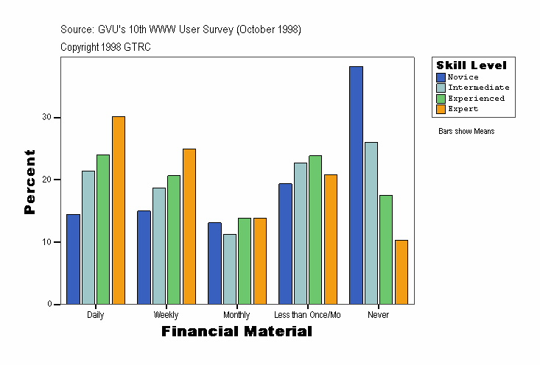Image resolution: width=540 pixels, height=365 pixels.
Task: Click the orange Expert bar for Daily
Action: (x=118, y=210)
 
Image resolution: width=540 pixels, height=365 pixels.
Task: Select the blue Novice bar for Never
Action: (x=356, y=185)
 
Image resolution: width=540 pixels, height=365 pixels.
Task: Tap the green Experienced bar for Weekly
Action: (x=174, y=239)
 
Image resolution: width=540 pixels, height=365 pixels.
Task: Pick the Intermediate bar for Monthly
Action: (x=230, y=269)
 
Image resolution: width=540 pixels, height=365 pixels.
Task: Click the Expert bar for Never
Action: (x=401, y=272)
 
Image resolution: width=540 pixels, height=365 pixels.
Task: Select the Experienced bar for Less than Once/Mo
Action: (x=315, y=230)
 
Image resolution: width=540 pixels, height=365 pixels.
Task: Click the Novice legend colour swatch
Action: (x=441, y=77)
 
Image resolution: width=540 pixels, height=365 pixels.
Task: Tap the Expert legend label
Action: (x=463, y=109)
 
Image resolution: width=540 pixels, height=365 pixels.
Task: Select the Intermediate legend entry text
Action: (x=478, y=88)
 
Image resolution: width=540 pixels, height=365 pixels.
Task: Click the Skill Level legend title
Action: (x=471, y=65)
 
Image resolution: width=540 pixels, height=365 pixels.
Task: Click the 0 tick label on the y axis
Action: (x=49, y=304)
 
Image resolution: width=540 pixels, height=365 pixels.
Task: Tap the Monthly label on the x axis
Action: (x=236, y=315)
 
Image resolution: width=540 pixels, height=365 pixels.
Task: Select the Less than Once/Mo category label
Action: (x=307, y=315)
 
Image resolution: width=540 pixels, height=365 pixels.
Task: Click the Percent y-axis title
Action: (x=30, y=181)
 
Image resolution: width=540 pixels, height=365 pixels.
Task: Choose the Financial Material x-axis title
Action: (x=236, y=332)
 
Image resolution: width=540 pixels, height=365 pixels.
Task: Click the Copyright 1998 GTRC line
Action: (x=106, y=47)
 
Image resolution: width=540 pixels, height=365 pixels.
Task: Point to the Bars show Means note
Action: (x=466, y=132)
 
